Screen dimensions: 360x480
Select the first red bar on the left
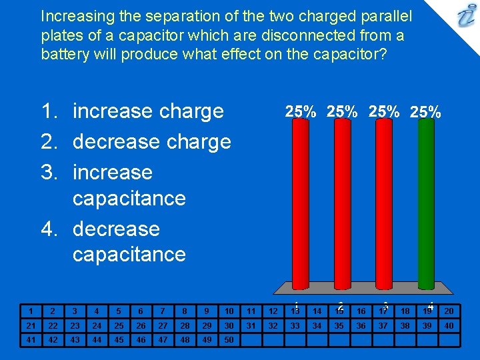(x=300, y=200)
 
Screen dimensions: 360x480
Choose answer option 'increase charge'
(x=148, y=111)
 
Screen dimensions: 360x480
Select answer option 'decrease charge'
(x=151, y=141)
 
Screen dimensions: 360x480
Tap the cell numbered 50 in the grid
(x=229, y=339)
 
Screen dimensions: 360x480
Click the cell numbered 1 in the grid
(x=31, y=311)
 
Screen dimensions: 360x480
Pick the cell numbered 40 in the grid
(x=449, y=325)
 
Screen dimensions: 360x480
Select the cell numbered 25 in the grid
(x=119, y=325)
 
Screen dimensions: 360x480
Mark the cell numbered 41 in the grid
(x=31, y=339)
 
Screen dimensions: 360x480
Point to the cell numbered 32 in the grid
(x=273, y=325)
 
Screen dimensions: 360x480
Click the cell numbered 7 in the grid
(x=163, y=311)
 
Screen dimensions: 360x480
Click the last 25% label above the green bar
(x=425, y=112)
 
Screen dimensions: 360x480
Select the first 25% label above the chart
(x=301, y=112)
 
